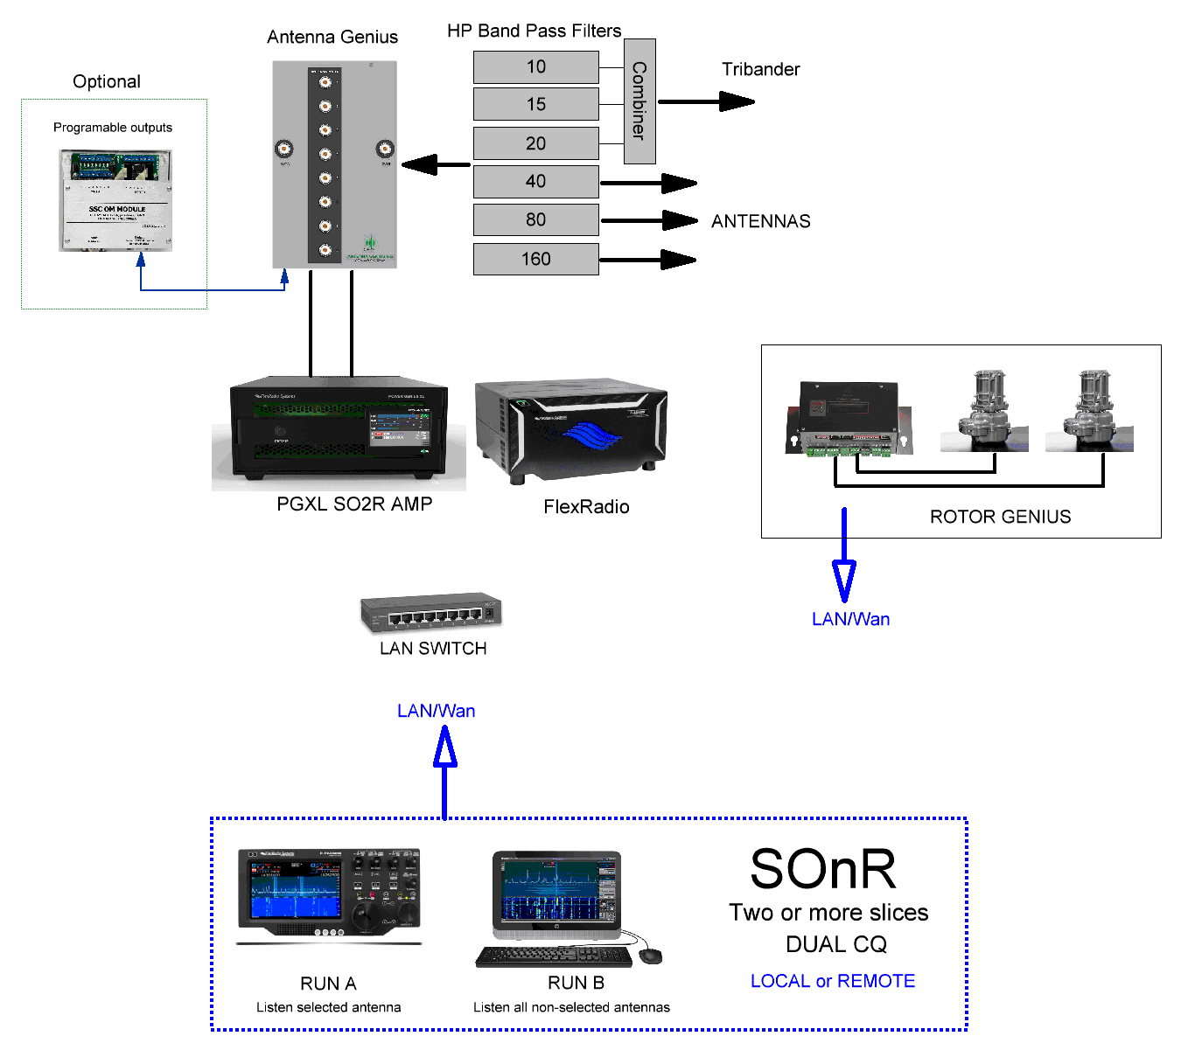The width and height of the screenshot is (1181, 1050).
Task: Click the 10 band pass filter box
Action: [x=535, y=67]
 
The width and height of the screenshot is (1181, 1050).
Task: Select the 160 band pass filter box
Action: [x=535, y=260]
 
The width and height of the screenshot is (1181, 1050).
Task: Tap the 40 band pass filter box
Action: [x=535, y=182]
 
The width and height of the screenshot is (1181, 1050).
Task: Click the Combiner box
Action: [x=639, y=101]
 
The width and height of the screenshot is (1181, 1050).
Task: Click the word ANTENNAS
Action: [x=760, y=222]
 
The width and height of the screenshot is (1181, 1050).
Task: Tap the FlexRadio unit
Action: [x=571, y=432]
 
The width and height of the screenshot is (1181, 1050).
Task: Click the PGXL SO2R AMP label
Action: [x=354, y=504]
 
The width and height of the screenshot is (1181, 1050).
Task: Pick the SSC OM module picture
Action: [x=115, y=200]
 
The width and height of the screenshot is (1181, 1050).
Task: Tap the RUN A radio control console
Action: [x=329, y=894]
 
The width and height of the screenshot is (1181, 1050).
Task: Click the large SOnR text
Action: [x=822, y=870]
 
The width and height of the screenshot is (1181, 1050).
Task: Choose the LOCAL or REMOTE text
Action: [x=832, y=982]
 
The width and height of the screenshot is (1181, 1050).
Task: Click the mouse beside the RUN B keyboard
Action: [x=650, y=956]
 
